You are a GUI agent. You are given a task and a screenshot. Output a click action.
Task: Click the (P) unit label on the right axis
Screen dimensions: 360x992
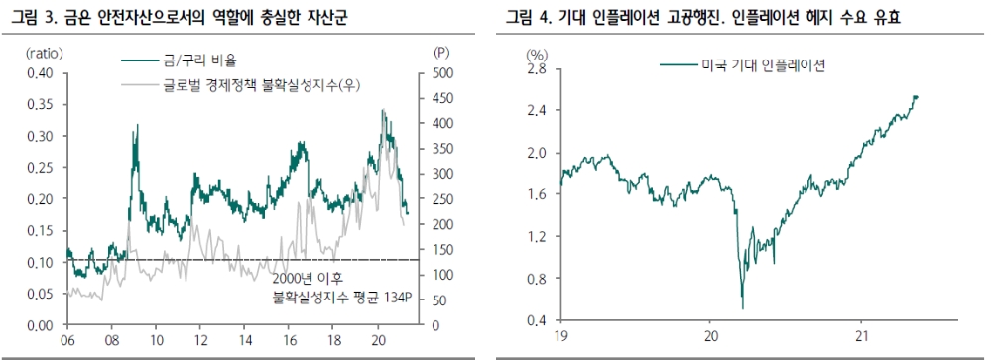pos(441,51)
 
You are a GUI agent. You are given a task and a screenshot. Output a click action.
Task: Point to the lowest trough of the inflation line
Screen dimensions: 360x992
pos(743,308)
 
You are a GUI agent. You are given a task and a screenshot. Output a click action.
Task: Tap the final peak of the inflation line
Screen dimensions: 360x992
pos(915,96)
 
